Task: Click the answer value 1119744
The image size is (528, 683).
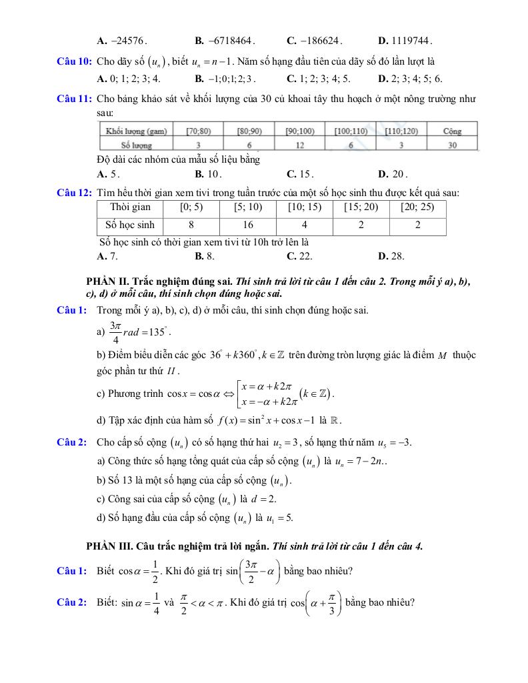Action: pyautogui.click(x=411, y=40)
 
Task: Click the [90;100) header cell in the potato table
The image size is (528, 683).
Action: pyautogui.click(x=301, y=131)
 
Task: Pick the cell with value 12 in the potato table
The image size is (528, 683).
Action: pyautogui.click(x=301, y=145)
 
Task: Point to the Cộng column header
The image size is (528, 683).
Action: pyautogui.click(x=451, y=131)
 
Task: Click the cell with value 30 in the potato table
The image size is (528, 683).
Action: pyautogui.click(x=451, y=145)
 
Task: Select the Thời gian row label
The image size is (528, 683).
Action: pyautogui.click(x=130, y=207)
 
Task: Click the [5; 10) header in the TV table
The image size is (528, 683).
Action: pyautogui.click(x=248, y=207)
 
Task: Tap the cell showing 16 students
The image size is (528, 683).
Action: pyautogui.click(x=248, y=225)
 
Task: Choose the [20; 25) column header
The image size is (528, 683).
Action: pyautogui.click(x=417, y=207)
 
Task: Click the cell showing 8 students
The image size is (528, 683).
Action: pyautogui.click(x=191, y=225)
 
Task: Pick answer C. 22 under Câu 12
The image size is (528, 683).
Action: pyautogui.click(x=300, y=255)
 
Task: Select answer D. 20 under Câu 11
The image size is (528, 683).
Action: pyautogui.click(x=392, y=175)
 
